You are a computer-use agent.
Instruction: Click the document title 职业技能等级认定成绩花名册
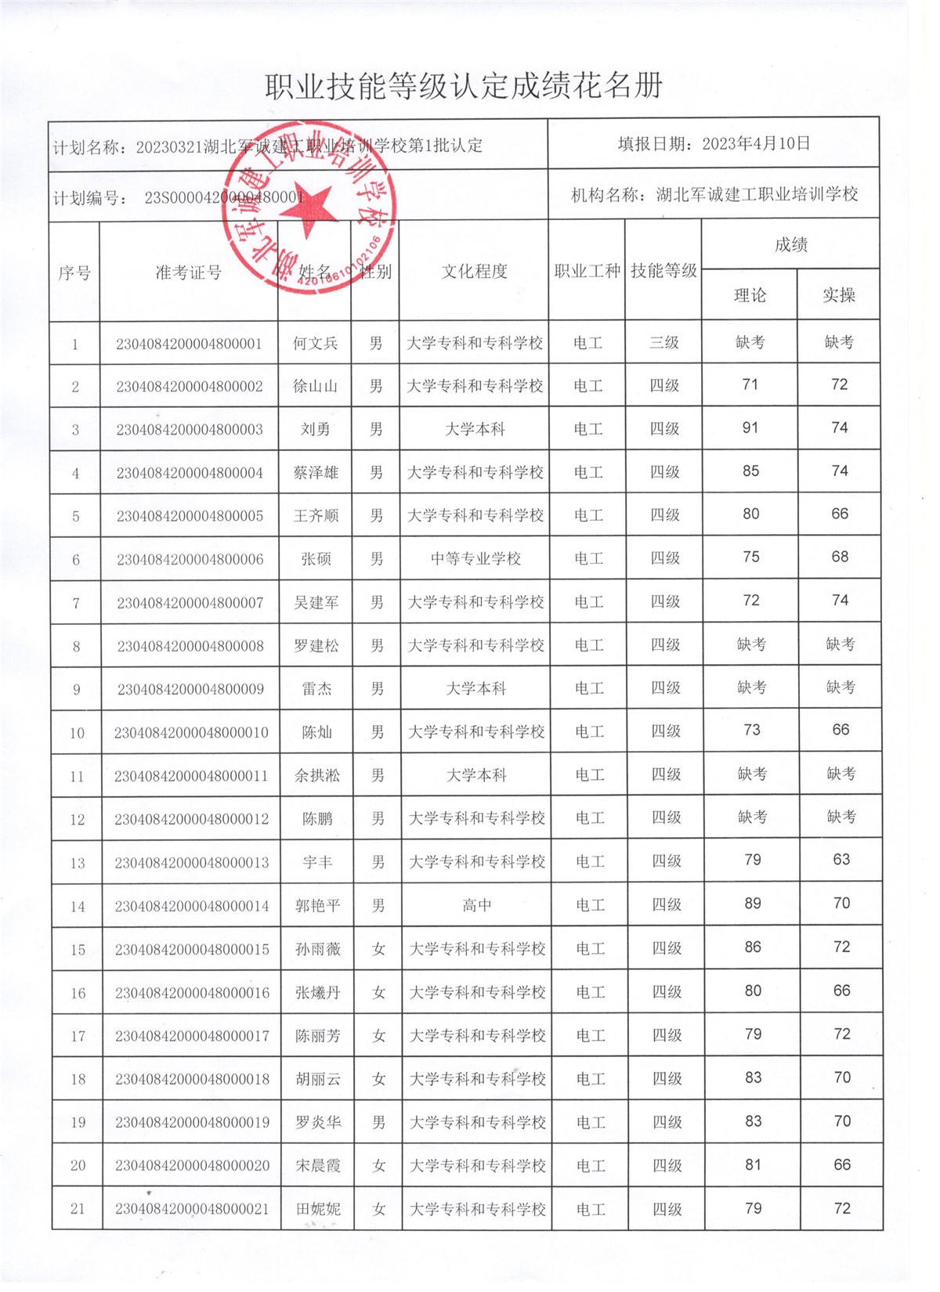coord(464,86)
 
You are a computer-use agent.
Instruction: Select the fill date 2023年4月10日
coord(755,143)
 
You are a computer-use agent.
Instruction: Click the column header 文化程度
coord(474,272)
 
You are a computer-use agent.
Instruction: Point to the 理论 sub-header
coord(750,295)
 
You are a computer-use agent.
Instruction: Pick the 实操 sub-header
coord(838,295)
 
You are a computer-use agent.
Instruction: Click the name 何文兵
coord(316,343)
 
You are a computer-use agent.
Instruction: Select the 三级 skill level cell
coord(664,342)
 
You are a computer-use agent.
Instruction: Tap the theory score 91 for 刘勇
coord(750,428)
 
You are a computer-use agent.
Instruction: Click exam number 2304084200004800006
coord(190,559)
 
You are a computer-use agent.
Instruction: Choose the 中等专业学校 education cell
coord(475,559)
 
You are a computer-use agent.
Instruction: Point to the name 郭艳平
coord(317,906)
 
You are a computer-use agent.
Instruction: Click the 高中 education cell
coord(477,905)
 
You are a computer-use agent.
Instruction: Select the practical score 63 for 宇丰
coord(841,860)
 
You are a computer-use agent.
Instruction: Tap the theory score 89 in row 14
coord(753,904)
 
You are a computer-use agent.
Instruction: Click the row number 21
coord(78,1208)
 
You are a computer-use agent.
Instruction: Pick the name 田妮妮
coord(318,1209)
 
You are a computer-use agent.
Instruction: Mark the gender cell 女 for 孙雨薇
coord(379,949)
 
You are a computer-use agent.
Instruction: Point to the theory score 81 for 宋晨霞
coord(754,1165)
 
